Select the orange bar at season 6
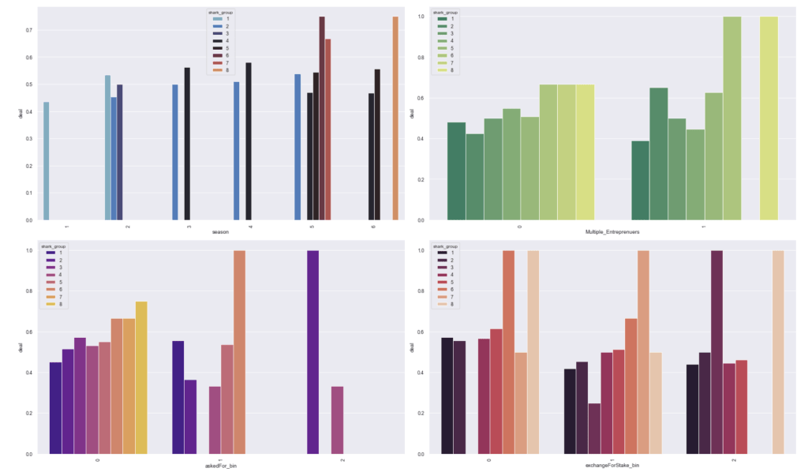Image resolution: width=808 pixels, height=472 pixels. click(x=395, y=118)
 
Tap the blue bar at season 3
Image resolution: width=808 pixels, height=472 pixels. click(x=175, y=152)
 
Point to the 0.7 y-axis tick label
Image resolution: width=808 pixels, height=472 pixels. click(x=28, y=30)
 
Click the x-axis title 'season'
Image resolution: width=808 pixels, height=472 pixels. click(x=221, y=232)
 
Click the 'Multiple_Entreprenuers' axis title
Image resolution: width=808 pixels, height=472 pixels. click(x=612, y=232)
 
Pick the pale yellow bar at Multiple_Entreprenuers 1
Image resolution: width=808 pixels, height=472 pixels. click(x=769, y=118)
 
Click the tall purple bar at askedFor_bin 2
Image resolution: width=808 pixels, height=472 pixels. click(x=312, y=352)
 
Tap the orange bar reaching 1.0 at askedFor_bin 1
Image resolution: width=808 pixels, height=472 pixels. click(x=239, y=352)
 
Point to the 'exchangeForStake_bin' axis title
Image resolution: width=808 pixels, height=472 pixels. click(x=612, y=466)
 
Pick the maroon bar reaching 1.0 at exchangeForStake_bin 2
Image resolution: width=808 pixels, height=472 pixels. click(x=716, y=352)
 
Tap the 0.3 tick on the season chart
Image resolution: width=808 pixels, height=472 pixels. click(x=28, y=138)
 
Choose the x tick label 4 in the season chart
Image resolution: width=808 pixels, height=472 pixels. click(x=250, y=226)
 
